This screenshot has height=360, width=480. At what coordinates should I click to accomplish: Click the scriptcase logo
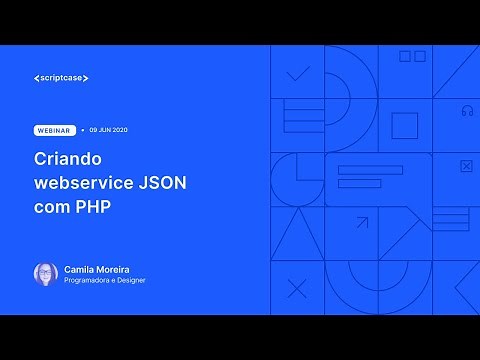[67, 78]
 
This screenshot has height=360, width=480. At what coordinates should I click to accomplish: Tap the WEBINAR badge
[54, 130]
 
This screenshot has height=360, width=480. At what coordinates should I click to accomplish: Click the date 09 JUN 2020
[108, 130]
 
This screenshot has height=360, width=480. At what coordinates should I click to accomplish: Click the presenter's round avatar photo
[45, 274]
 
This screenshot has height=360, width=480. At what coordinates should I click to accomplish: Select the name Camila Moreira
[96, 269]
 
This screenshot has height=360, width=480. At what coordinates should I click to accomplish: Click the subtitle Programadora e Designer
[105, 282]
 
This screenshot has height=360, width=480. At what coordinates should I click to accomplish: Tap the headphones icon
[467, 111]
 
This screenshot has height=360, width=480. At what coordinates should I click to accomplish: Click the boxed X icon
[465, 166]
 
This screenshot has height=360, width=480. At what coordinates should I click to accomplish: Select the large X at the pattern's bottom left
[297, 289]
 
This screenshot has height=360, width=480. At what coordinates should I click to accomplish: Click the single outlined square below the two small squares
[404, 126]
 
